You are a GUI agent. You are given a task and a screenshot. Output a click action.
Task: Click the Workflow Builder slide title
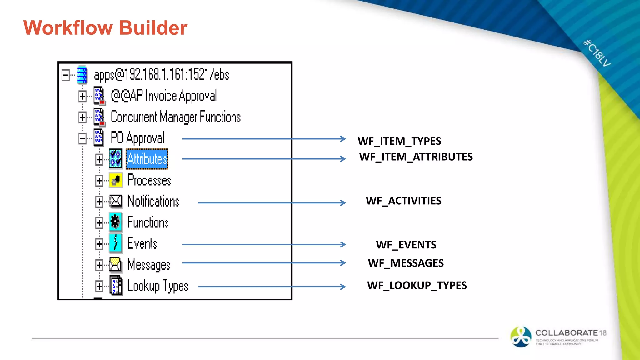click(105, 28)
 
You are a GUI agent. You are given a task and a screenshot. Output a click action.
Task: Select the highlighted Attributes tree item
click(147, 159)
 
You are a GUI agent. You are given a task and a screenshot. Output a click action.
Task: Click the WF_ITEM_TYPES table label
click(399, 141)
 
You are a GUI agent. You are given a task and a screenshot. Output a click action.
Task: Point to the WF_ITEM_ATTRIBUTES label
click(416, 157)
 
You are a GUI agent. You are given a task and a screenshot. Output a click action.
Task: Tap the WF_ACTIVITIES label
click(403, 201)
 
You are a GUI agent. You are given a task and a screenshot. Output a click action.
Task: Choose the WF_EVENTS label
click(406, 245)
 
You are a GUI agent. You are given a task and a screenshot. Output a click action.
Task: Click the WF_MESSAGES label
click(406, 263)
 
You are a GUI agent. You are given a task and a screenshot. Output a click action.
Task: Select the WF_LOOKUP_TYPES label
click(417, 286)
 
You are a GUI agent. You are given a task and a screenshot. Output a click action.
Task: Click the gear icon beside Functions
click(115, 222)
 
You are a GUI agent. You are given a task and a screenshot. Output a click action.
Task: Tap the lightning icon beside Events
click(115, 243)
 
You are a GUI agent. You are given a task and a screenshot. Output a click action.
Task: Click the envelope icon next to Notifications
click(115, 201)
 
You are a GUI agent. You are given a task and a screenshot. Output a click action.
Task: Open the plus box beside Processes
click(99, 181)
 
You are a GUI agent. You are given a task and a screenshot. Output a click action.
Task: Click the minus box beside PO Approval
click(82, 138)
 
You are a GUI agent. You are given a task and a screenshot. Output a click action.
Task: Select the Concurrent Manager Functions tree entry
click(176, 117)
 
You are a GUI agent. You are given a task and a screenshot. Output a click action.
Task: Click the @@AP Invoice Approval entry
click(163, 96)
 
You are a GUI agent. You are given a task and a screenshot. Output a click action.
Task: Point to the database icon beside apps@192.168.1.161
click(82, 75)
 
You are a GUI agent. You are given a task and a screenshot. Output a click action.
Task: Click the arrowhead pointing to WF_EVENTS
click(343, 244)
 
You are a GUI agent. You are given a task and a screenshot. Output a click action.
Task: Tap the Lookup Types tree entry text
click(158, 286)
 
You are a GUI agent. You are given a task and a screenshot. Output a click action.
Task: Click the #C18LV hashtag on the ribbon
click(597, 53)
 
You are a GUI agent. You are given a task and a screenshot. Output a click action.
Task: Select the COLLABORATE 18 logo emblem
click(520, 337)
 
